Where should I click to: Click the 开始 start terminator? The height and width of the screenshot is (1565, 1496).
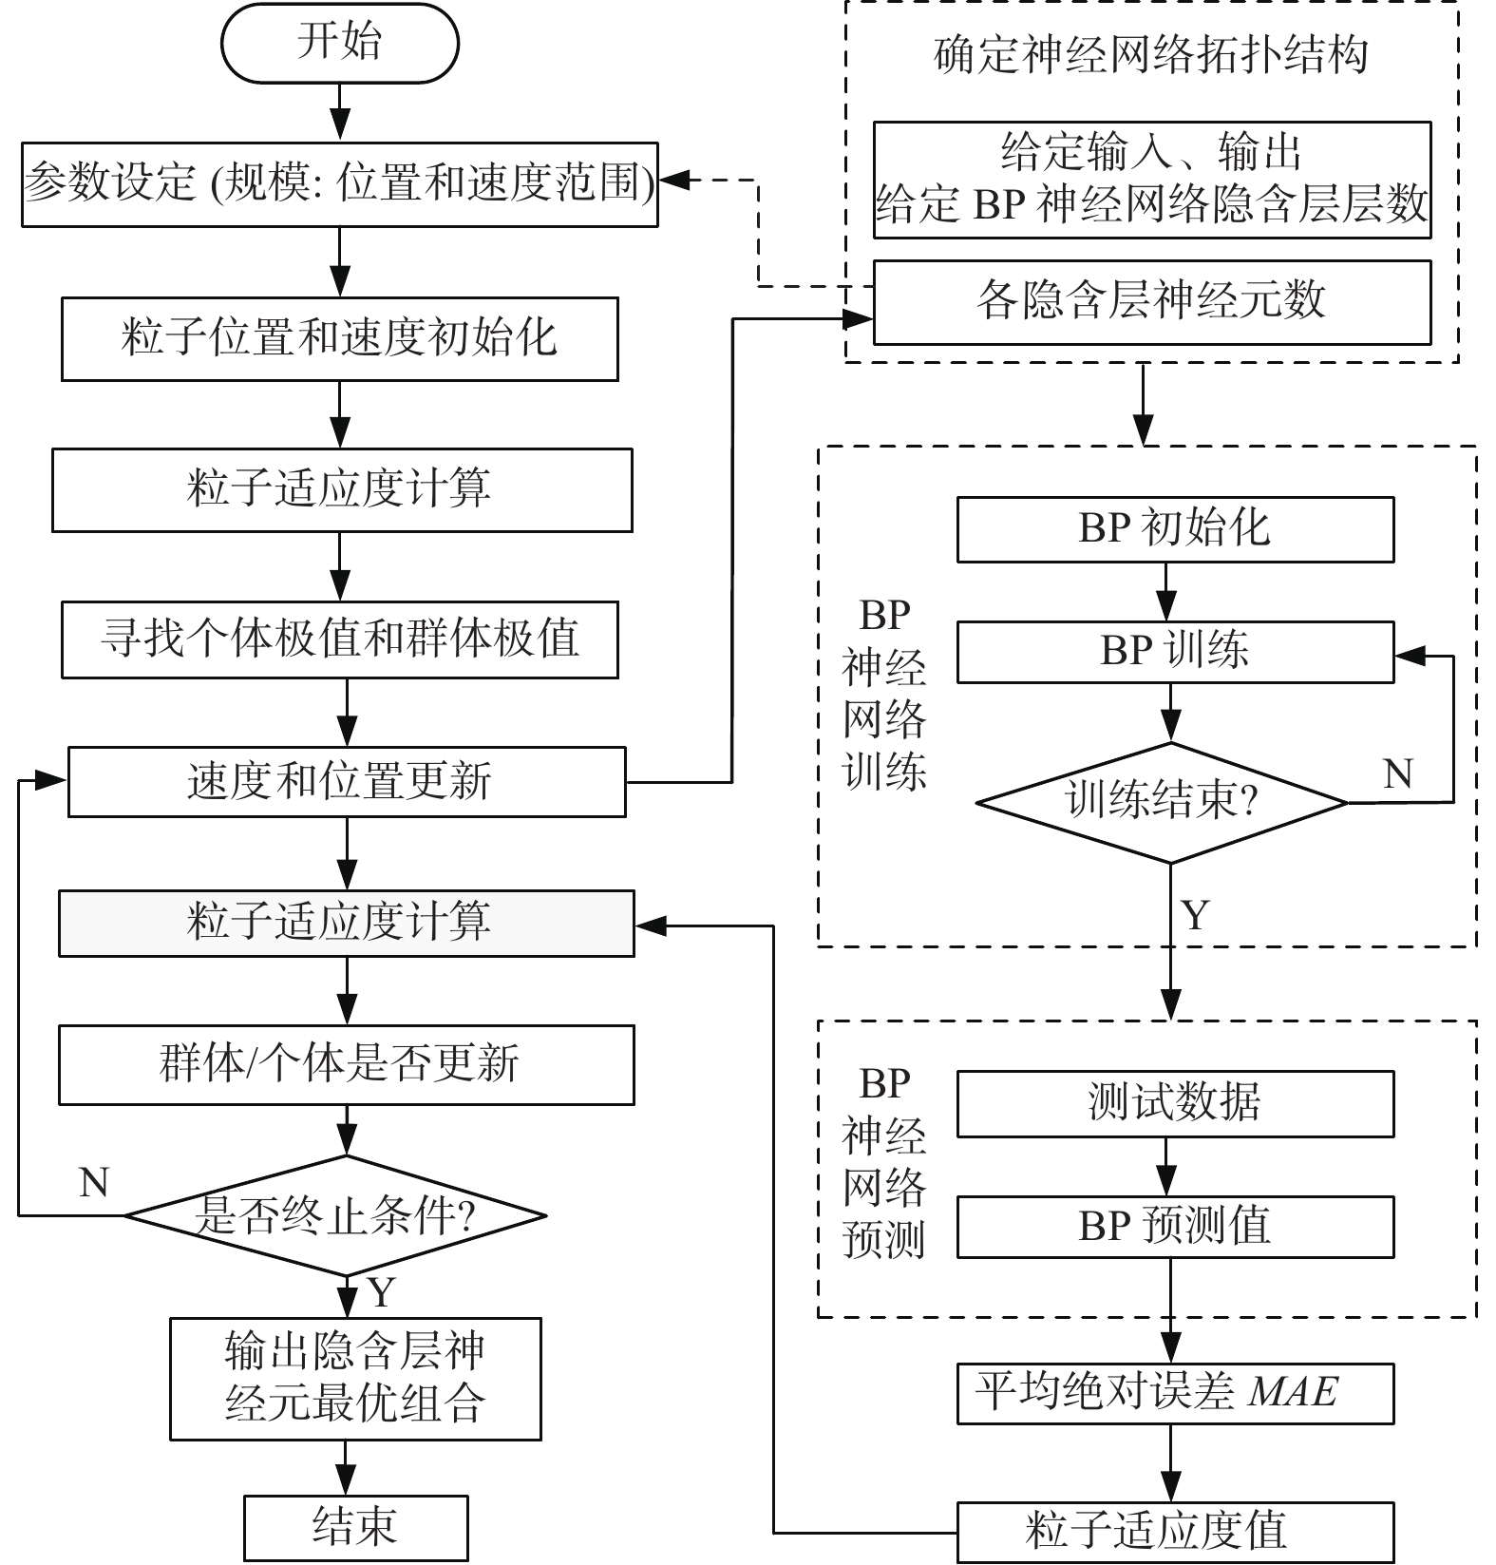pos(339,43)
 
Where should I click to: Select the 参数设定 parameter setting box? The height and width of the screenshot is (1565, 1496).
pos(339,184)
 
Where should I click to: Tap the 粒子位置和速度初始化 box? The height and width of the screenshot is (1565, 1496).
pos(339,339)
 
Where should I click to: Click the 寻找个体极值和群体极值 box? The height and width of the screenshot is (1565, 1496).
pos(339,639)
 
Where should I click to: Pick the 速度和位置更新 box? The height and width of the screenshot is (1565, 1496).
pos(346,782)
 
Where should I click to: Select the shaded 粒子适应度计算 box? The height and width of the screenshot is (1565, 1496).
pos(346,923)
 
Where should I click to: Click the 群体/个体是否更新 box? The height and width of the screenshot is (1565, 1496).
pos(346,1064)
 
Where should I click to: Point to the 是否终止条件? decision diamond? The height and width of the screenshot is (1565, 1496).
pos(335,1215)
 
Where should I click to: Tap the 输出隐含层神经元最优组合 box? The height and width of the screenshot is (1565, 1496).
pos(355,1378)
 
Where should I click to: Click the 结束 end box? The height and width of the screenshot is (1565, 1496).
pos(355,1527)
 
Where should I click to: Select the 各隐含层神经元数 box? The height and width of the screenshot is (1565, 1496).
pos(1151,302)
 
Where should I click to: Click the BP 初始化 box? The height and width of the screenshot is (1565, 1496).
pos(1175,529)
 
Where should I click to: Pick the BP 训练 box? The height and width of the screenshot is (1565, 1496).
pos(1175,652)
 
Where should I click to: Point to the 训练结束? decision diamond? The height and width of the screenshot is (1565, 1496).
pos(1163,803)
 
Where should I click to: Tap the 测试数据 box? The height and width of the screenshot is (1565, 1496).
pos(1175,1103)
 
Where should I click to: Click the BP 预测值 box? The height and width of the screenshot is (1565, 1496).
pos(1175,1227)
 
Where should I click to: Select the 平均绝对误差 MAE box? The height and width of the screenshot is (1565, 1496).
pos(1175,1394)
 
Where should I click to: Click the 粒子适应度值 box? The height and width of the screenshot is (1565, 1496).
pos(1175,1532)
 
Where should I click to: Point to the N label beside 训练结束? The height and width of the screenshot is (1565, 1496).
pos(1397,773)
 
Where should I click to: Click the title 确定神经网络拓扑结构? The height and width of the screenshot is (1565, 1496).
pos(1151,55)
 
